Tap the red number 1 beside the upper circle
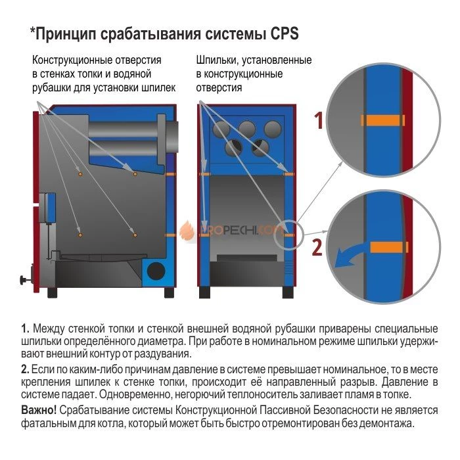[318, 120]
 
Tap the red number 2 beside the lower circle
[318, 248]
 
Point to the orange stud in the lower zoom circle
[389, 247]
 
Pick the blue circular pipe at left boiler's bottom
[157, 270]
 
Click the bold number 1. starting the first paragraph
[26, 328]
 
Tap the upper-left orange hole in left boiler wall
[80, 174]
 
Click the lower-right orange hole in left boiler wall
[135, 234]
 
